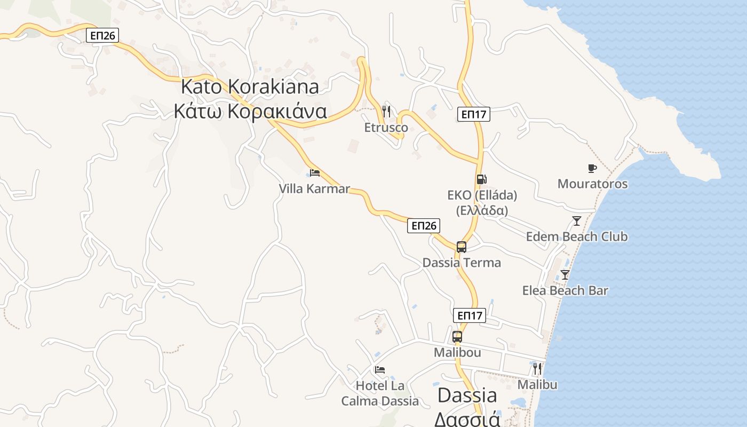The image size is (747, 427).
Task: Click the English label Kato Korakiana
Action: (x=250, y=86)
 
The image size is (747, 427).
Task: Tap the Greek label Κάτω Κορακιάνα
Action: (x=250, y=111)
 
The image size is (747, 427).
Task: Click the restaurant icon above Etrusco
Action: (x=387, y=112)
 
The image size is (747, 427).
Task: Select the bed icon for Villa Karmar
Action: (x=315, y=172)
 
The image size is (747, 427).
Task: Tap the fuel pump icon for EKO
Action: (x=481, y=179)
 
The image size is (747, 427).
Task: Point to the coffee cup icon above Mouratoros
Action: (x=592, y=169)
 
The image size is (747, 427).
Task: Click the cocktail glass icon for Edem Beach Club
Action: (x=576, y=220)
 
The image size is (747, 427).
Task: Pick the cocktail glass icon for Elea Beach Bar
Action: (x=565, y=275)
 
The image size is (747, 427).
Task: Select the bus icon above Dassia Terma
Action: (x=462, y=247)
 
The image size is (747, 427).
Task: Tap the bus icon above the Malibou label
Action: (x=457, y=337)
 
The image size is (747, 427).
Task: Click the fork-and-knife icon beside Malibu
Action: (x=537, y=369)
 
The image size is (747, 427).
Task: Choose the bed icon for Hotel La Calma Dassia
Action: (x=380, y=369)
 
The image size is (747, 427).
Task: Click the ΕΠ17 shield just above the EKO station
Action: (x=473, y=114)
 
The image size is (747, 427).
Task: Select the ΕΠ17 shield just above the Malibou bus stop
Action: (x=470, y=315)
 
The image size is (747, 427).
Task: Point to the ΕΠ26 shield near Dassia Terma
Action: (x=424, y=226)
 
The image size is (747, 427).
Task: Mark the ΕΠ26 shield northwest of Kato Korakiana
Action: (x=102, y=36)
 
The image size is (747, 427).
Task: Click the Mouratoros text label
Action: (x=592, y=184)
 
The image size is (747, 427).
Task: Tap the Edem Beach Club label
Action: (x=577, y=236)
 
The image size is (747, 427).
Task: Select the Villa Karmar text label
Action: (x=314, y=188)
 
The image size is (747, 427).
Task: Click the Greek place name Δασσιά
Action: (x=467, y=418)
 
